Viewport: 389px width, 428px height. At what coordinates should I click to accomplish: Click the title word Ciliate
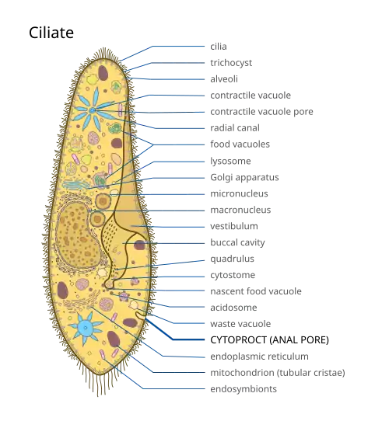51,33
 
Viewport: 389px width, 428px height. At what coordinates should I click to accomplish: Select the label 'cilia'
219,47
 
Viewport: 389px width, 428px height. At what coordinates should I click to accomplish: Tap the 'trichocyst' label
231,63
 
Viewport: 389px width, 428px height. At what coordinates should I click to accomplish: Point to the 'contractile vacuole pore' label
261,112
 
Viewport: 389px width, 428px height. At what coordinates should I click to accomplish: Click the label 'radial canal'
235,127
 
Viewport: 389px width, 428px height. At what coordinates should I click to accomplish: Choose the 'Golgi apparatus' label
244,177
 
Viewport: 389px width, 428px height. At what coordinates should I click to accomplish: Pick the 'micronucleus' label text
239,193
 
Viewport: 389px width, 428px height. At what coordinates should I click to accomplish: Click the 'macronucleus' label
240,210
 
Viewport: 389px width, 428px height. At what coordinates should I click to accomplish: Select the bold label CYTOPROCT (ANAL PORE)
269,340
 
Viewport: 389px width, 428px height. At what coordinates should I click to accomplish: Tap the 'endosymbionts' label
244,389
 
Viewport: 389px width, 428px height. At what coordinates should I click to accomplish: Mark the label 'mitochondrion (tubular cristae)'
278,373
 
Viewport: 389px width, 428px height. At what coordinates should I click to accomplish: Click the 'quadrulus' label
232,259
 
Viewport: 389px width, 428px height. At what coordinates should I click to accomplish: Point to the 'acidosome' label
233,308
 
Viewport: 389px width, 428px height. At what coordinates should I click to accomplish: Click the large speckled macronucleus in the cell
77,235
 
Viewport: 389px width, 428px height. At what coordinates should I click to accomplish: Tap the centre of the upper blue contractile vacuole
93,110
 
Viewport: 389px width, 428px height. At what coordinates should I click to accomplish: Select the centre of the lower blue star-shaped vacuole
86,328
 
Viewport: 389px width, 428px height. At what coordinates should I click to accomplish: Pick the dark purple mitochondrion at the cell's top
103,73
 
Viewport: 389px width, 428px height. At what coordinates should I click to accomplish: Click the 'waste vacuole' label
240,324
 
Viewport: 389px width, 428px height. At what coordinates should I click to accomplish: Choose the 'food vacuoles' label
240,144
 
